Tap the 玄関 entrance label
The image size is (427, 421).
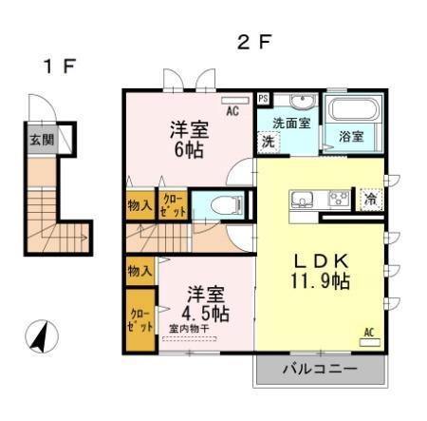coord(40,140)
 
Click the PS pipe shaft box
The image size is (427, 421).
coord(263,98)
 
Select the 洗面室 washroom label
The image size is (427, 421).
coord(291,122)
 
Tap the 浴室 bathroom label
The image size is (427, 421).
coord(351,136)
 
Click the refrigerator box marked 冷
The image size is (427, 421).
coord(369,200)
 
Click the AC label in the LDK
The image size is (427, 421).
coord(369,333)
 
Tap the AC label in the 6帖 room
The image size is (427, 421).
coord(232,109)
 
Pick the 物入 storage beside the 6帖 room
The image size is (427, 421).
coord(139,203)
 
